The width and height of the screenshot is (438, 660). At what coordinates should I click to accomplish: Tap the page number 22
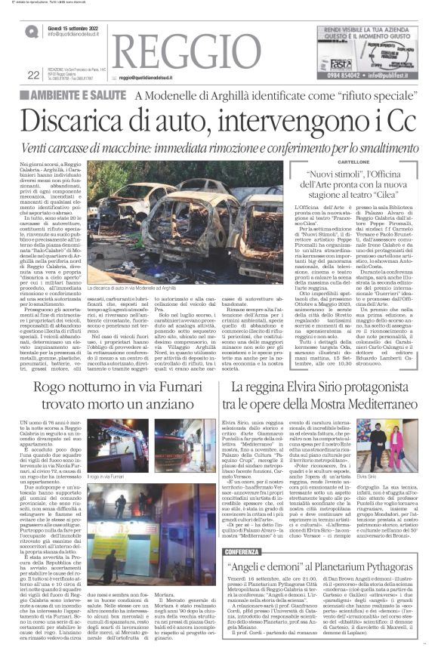click(x=32, y=75)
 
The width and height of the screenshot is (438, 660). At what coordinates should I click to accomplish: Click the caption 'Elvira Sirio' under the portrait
click(x=388, y=478)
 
